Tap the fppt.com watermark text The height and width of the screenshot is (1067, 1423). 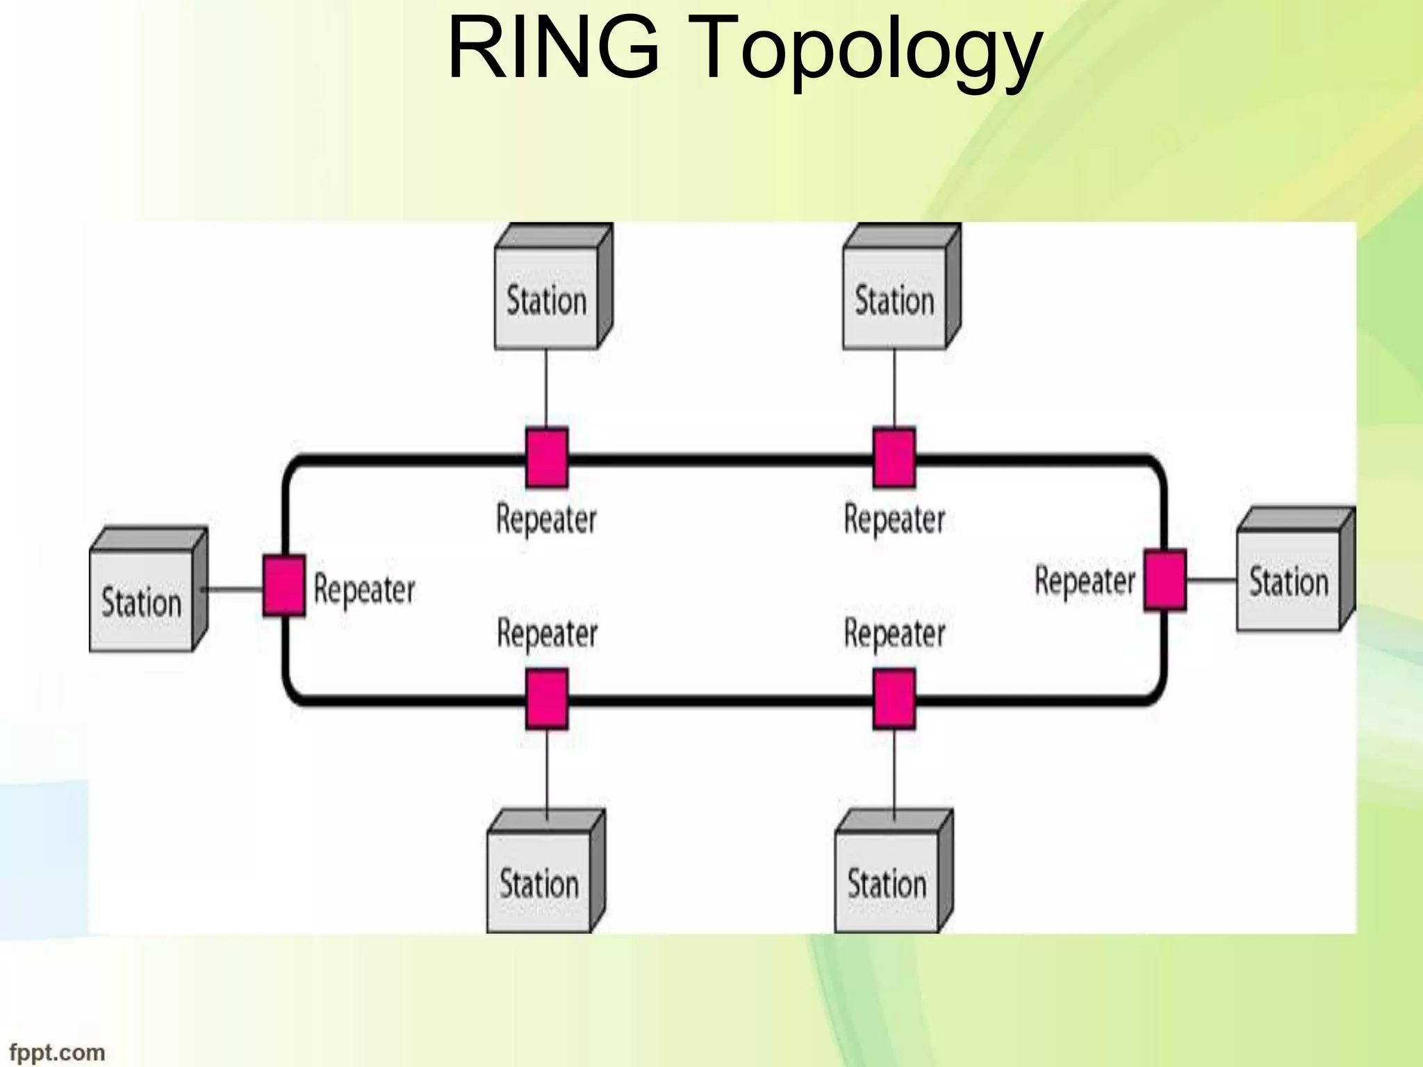(x=57, y=1052)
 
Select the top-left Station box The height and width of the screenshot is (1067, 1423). (x=547, y=299)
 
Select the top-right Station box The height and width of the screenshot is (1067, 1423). (x=895, y=299)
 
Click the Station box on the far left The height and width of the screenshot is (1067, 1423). (x=142, y=601)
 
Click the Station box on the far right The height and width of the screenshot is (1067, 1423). (x=1289, y=581)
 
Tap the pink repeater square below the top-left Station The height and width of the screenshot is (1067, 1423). (x=547, y=457)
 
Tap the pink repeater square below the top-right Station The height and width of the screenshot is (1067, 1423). (x=894, y=457)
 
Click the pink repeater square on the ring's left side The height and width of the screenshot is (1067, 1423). (x=284, y=586)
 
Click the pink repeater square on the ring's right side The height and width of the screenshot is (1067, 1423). (x=1165, y=580)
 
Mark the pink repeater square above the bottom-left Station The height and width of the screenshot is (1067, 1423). (x=547, y=699)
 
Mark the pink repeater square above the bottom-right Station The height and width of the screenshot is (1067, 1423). (x=894, y=699)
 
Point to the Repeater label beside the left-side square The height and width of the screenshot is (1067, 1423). (x=364, y=589)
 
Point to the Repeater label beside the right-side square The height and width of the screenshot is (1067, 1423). (x=1085, y=580)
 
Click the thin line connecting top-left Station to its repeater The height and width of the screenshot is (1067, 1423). (x=546, y=388)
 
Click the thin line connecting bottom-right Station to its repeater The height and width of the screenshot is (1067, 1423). (x=894, y=770)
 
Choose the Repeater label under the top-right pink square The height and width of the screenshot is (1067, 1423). (x=894, y=520)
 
